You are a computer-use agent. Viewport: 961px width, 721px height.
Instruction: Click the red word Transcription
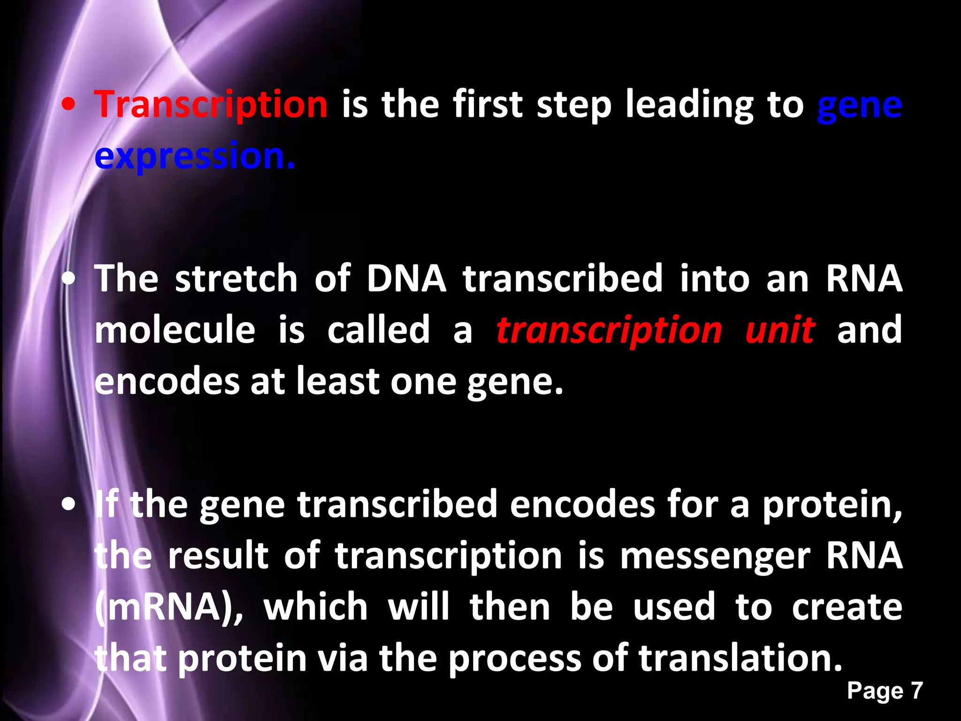pos(211,105)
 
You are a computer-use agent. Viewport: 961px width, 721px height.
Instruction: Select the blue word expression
pos(195,156)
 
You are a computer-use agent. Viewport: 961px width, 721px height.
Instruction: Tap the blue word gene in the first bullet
pos(860,106)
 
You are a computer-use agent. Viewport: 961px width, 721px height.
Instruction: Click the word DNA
pos(406,279)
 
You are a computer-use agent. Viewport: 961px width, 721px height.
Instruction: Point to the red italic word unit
pos(780,330)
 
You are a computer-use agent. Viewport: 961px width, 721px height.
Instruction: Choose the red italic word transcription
pos(609,331)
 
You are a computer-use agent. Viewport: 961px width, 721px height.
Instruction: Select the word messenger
pos(715,557)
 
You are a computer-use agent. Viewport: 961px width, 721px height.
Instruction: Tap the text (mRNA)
pos(169,608)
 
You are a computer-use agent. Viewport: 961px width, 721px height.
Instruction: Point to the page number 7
pos(916,691)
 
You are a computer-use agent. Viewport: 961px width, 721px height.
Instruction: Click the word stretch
pos(236,279)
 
